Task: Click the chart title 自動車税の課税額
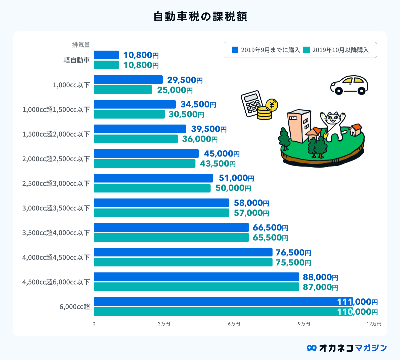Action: (200, 16)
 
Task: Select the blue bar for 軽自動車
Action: (106, 55)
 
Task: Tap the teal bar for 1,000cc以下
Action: (123, 90)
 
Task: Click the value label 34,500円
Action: (198, 105)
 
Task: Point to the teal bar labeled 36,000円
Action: (136, 139)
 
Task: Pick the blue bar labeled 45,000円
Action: (146, 154)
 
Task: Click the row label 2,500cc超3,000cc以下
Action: (56, 183)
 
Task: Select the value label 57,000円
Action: (251, 213)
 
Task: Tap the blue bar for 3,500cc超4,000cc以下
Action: (171, 227)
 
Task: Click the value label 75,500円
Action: (293, 262)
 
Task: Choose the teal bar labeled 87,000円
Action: (196, 287)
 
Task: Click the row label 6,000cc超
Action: (75, 307)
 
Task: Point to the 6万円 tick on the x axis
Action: (234, 324)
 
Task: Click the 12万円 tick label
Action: (374, 324)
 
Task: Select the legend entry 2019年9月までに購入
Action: (266, 50)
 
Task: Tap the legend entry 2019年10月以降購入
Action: (337, 50)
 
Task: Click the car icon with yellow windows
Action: (349, 85)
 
